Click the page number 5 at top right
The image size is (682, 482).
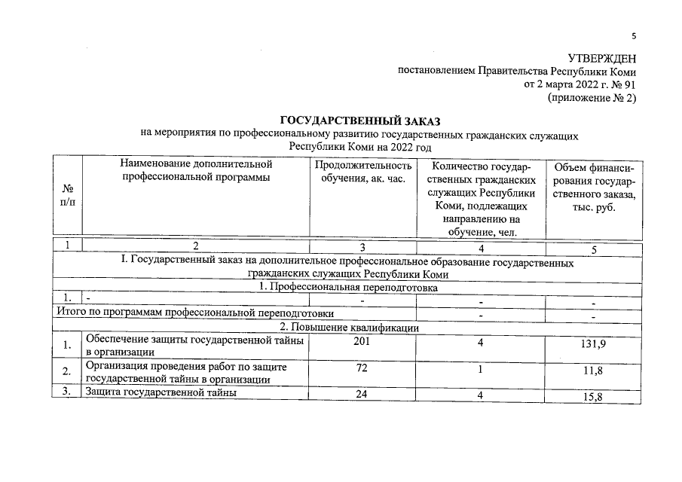[x=634, y=35]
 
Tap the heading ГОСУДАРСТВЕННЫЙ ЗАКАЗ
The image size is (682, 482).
[x=359, y=121]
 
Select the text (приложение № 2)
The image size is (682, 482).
[x=592, y=98]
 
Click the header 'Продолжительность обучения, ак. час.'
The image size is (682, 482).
[x=363, y=171]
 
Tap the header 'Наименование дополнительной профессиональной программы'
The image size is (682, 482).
[x=194, y=171]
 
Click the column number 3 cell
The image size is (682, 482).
[x=362, y=246]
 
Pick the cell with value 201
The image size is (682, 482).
[x=362, y=343]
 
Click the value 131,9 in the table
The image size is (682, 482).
[x=593, y=344]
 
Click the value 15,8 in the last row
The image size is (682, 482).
[x=593, y=398]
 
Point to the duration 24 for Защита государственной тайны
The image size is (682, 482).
[x=362, y=395]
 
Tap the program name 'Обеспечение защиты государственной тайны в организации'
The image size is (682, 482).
[x=194, y=346]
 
